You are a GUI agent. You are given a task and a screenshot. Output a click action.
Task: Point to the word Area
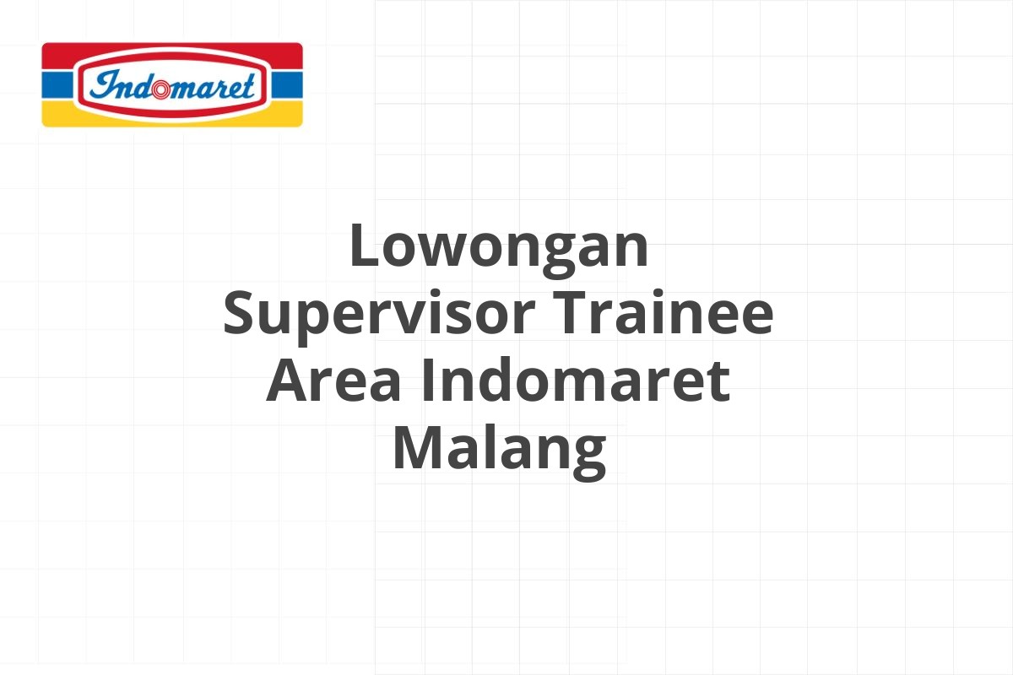coord(333,380)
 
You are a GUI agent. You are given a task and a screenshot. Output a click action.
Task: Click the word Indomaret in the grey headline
coord(576,378)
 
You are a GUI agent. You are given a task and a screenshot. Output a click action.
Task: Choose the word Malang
coord(499,451)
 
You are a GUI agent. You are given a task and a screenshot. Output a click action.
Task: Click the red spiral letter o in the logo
coord(161,89)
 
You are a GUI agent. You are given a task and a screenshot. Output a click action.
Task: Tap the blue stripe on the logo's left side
coord(57,84)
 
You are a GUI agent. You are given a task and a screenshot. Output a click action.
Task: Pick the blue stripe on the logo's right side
coord(287,84)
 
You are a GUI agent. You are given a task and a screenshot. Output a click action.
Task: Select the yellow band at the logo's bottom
coord(172,116)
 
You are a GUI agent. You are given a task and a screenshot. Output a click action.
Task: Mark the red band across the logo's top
coord(172,55)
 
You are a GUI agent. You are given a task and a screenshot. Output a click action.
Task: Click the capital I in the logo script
coord(106,84)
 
